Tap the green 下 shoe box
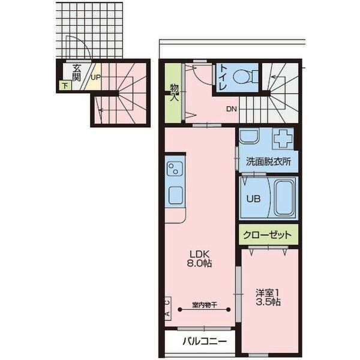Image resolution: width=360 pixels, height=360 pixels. (x=64, y=86)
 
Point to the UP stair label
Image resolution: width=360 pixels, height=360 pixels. (x=95, y=77)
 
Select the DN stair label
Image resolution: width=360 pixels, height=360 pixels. (x=232, y=109)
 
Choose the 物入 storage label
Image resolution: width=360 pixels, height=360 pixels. (x=174, y=92)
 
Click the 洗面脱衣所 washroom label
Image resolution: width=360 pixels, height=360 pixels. (x=269, y=161)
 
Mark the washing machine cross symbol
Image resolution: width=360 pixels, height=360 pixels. (x=282, y=139)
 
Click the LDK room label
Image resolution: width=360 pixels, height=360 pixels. (x=201, y=253)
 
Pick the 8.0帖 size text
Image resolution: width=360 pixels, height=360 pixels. (x=201, y=263)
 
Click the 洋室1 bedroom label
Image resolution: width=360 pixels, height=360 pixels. (x=268, y=293)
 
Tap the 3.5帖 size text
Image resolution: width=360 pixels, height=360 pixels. (x=268, y=303)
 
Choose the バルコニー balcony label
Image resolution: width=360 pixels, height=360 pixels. (x=205, y=342)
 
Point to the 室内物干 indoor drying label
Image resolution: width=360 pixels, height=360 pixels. (x=204, y=304)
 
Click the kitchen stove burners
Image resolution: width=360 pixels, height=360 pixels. (x=175, y=166)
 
